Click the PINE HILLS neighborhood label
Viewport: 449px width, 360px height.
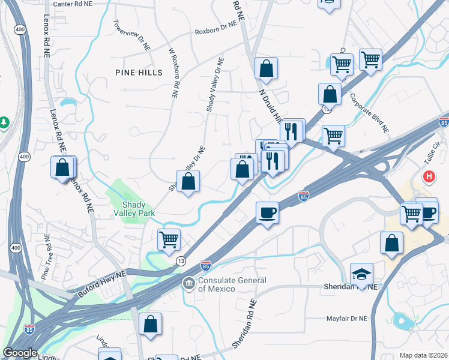(139, 73)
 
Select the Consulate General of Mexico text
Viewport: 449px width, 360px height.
(232, 284)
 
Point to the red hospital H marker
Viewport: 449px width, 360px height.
(429, 177)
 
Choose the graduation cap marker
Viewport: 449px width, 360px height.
(361, 274)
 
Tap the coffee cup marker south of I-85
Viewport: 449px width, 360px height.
(267, 212)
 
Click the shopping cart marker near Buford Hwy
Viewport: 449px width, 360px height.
(169, 239)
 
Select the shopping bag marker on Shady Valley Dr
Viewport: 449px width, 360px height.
(188, 181)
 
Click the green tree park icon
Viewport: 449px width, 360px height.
(4, 122)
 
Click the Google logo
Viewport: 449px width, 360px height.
(20, 353)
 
